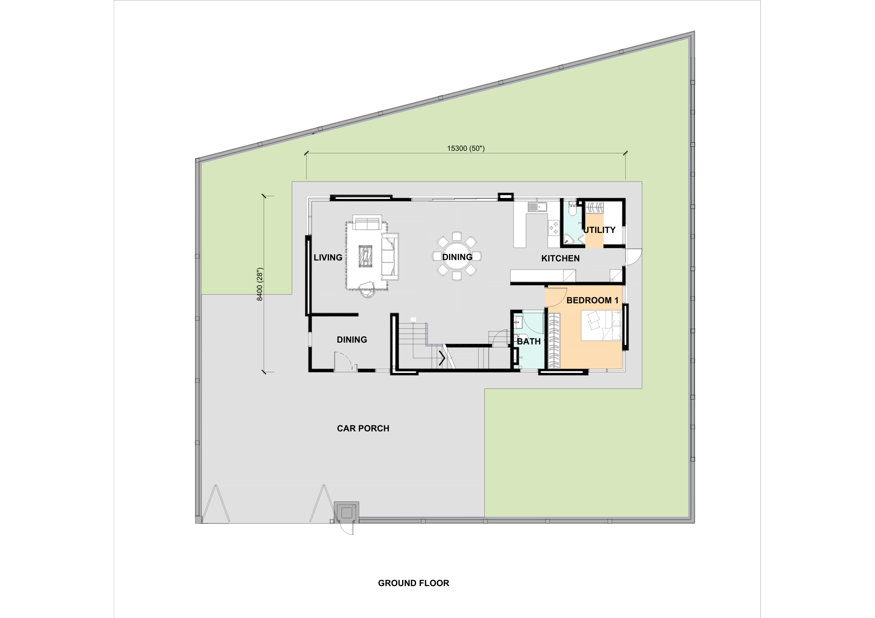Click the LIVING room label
click(x=328, y=257)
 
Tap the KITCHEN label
click(x=560, y=258)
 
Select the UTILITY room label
click(x=599, y=230)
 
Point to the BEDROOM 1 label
click(x=592, y=300)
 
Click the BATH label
click(x=529, y=341)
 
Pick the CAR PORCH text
click(x=363, y=428)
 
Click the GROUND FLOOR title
click(x=413, y=583)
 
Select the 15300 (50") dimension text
click(x=466, y=148)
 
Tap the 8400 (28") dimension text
click(x=259, y=284)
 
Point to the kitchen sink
click(x=537, y=206)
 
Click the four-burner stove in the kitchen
click(x=553, y=227)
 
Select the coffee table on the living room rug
click(x=365, y=256)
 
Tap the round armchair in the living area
click(x=368, y=289)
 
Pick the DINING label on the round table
click(x=457, y=257)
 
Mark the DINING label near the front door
click(x=352, y=340)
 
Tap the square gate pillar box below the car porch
click(x=346, y=512)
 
